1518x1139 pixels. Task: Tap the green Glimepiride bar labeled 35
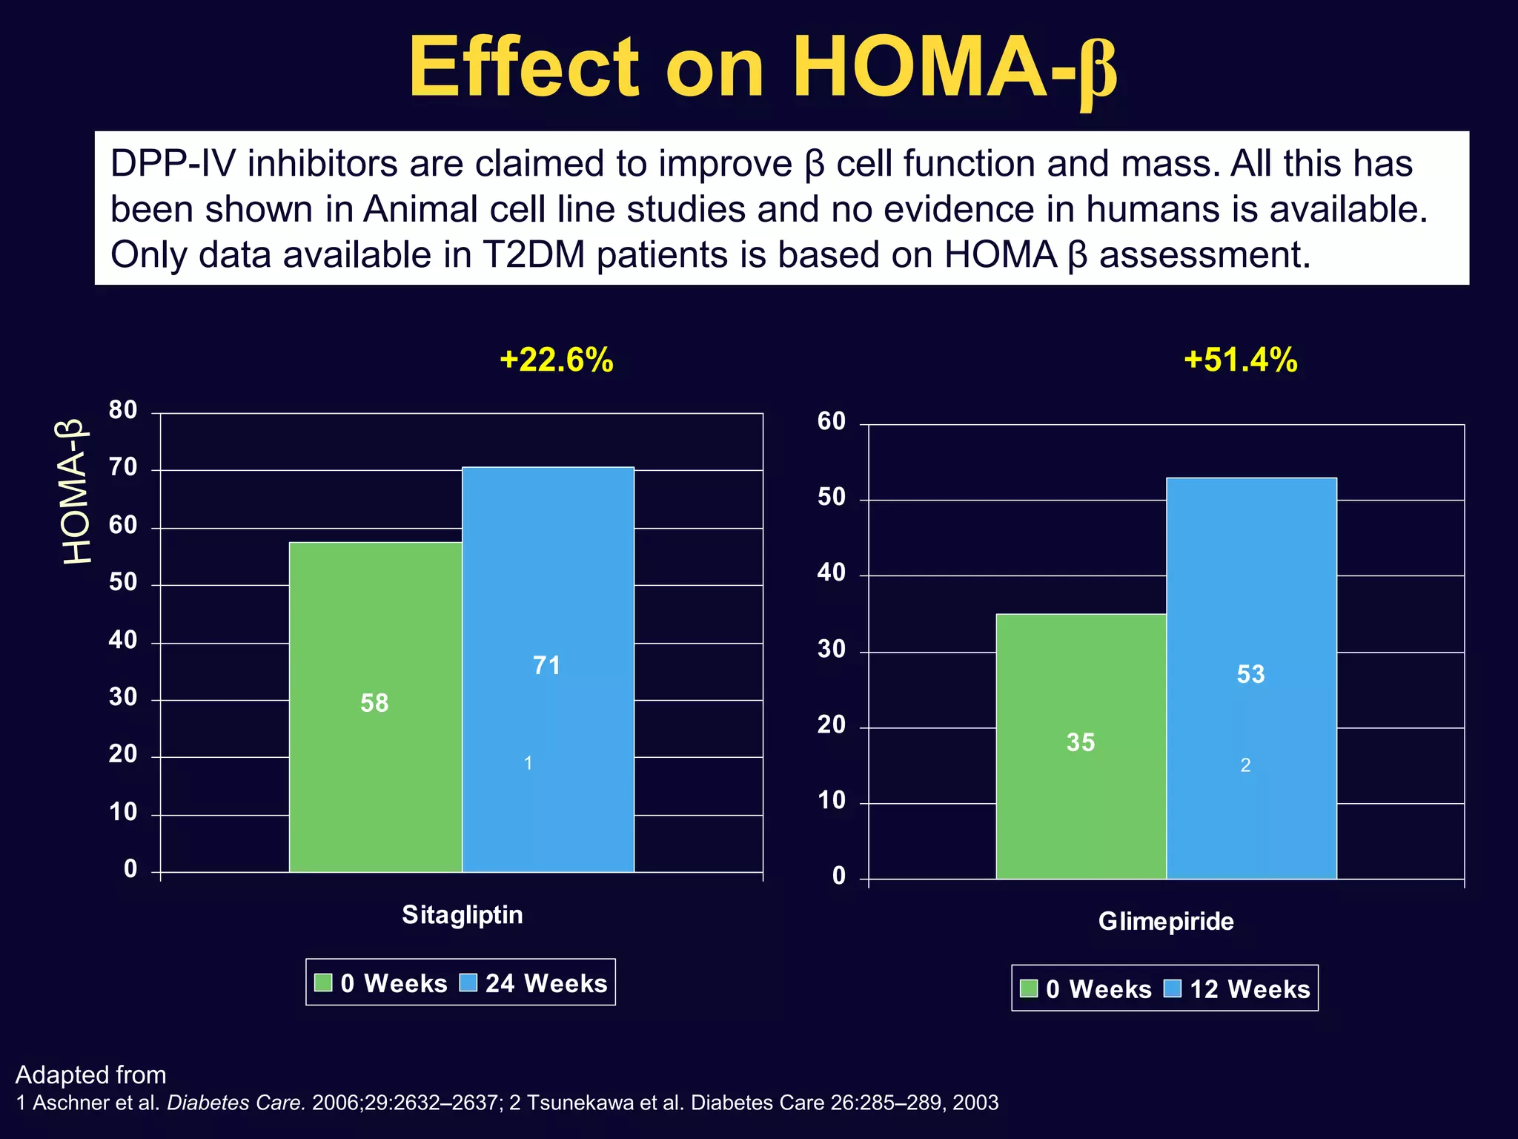click(1081, 745)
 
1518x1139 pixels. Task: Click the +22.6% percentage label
click(557, 360)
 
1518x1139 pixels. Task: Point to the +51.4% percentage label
click(1241, 360)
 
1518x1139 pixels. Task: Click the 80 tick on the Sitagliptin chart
click(123, 410)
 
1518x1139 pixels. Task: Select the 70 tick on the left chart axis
click(123, 468)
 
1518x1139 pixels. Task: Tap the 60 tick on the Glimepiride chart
click(831, 422)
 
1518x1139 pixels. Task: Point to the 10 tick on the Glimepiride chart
click(831, 801)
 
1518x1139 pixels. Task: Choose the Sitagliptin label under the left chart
click(462, 915)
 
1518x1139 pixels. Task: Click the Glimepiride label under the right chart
click(1166, 922)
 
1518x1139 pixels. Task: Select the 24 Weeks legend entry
click(546, 983)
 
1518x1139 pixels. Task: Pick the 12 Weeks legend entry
click(1250, 989)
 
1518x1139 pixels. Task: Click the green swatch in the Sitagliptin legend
click(323, 983)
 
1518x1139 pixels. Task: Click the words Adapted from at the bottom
click(90, 1074)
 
